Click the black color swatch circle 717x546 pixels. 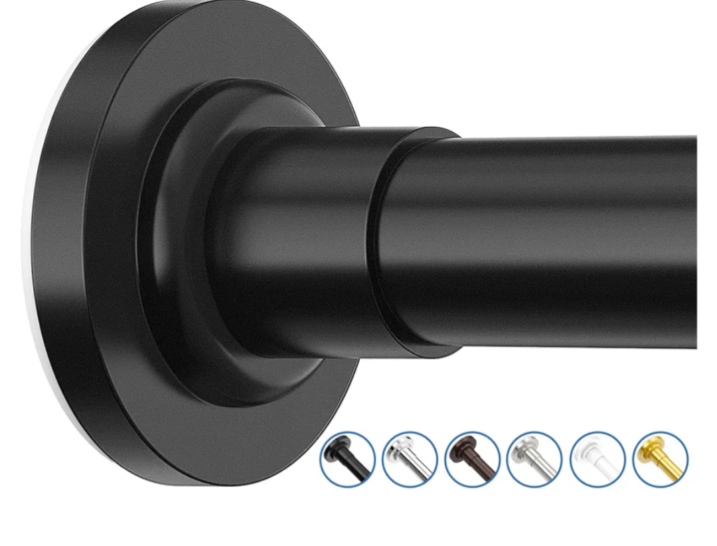(x=347, y=459)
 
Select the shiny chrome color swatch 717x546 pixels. (x=410, y=459)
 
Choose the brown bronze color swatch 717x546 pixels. (x=472, y=459)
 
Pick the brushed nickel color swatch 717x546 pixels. (x=534, y=459)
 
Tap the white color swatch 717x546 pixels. (x=597, y=459)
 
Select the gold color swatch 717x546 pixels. (x=660, y=459)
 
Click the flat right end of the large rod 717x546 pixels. (x=694, y=242)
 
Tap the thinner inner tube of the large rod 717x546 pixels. (x=544, y=239)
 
